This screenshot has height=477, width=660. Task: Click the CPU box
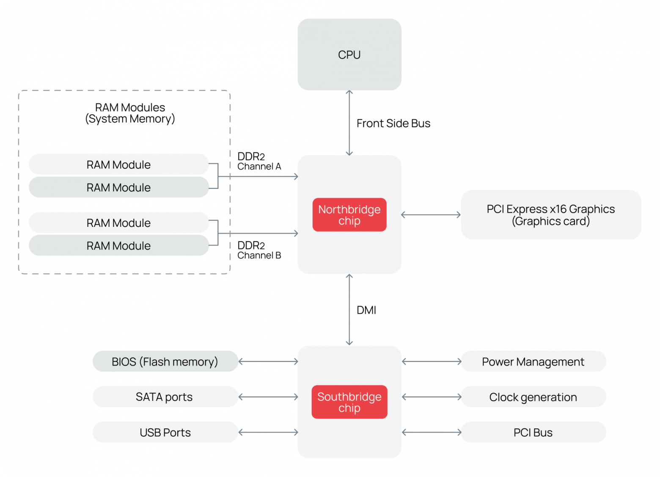point(349,55)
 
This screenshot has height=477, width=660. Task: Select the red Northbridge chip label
point(349,215)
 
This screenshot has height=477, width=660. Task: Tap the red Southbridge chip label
point(349,402)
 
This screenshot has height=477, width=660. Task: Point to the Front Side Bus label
point(393,124)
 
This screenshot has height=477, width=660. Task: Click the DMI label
point(366,310)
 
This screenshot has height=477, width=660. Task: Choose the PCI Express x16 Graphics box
point(551,215)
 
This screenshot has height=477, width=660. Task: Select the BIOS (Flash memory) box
point(165,361)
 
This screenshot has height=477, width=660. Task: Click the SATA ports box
point(165,397)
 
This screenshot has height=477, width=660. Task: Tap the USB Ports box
point(165,432)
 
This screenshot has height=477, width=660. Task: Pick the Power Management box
point(533,361)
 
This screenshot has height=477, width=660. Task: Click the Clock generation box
point(533,397)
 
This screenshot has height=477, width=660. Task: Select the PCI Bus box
point(533,432)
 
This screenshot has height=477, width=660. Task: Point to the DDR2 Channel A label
point(259,161)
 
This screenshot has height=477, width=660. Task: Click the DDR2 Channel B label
point(259,250)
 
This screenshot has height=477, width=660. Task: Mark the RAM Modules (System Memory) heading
point(130,113)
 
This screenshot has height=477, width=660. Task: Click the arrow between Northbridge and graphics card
point(431,215)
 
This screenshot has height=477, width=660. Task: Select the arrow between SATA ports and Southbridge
point(268,397)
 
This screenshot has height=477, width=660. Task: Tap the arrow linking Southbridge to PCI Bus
point(432,432)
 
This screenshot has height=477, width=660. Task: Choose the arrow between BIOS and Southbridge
point(268,361)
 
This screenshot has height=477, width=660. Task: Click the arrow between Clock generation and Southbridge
point(432,397)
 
